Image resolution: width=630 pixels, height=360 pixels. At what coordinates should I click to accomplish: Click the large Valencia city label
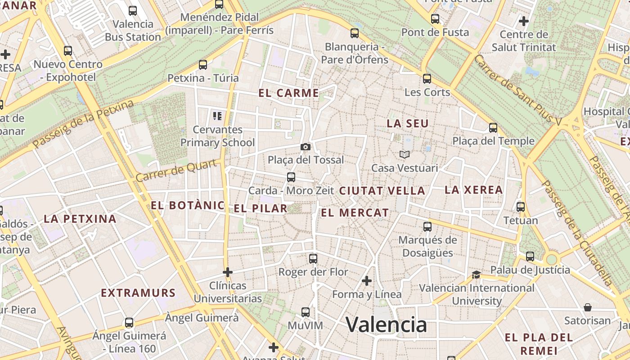tap(386, 324)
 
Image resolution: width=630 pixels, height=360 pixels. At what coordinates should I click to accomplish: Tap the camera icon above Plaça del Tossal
tap(306, 147)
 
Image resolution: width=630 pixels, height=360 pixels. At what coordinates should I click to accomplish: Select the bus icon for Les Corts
tap(427, 79)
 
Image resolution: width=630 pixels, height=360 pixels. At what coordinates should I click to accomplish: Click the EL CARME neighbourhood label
tap(288, 93)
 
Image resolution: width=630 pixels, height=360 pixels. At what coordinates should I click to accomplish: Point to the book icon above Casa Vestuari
tap(405, 154)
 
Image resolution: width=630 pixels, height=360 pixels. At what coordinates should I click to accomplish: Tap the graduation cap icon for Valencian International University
tap(476, 274)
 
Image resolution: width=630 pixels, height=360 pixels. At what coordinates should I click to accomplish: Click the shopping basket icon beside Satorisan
tap(588, 307)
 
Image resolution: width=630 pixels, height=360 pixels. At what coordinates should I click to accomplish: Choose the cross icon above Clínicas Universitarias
tap(228, 272)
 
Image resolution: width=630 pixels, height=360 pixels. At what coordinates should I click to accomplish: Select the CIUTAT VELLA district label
tap(382, 191)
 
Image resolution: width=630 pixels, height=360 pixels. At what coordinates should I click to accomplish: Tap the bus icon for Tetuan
tap(521, 207)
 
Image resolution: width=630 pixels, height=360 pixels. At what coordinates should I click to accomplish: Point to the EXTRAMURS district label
tap(138, 293)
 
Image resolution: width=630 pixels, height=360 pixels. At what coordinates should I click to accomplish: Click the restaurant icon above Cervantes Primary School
tap(218, 116)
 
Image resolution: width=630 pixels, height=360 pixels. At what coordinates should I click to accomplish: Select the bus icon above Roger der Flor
tap(313, 259)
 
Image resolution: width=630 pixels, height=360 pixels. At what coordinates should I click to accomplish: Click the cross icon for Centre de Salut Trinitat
tap(523, 21)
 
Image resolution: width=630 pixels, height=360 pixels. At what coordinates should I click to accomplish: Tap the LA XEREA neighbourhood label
tap(473, 190)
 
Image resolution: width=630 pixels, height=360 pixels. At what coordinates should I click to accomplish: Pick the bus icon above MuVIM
tap(306, 312)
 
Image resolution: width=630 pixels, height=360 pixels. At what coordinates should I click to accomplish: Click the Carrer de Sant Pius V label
tap(517, 90)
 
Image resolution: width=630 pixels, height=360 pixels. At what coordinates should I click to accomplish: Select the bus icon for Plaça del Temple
tap(493, 127)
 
